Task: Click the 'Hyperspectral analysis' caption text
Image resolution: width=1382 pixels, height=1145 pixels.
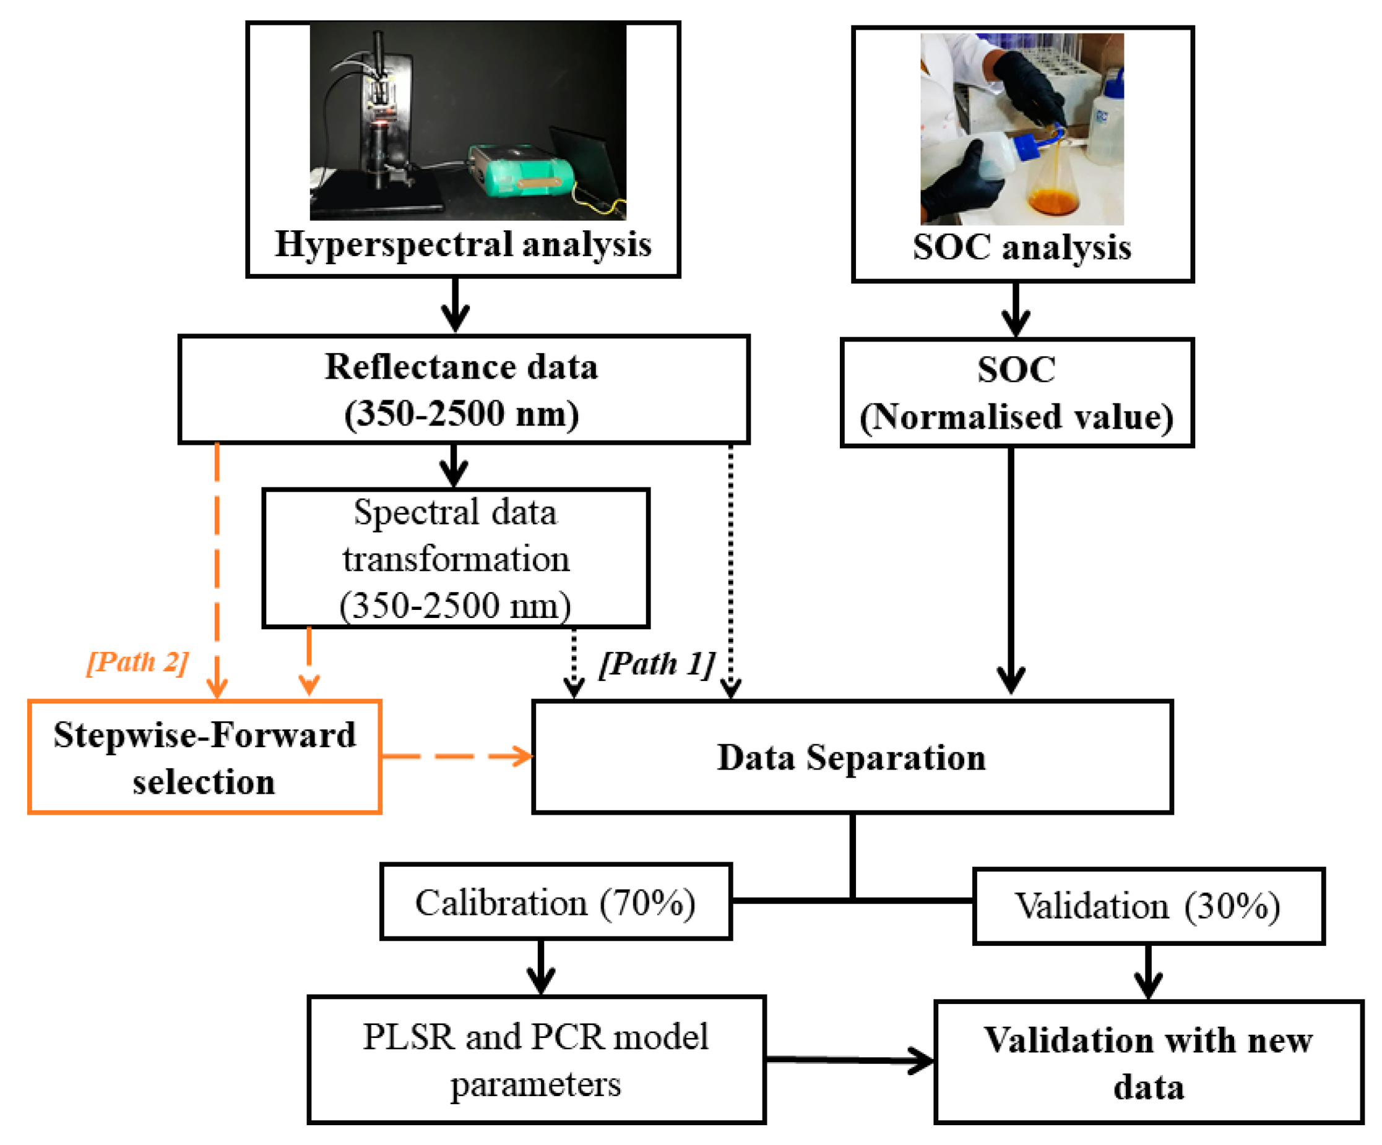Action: [x=463, y=245]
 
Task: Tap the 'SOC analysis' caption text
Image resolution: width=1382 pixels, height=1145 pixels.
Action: [x=1021, y=248]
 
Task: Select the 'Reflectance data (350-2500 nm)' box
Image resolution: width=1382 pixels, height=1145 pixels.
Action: [x=464, y=389]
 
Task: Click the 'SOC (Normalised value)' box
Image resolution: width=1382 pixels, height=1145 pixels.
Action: [x=1016, y=393]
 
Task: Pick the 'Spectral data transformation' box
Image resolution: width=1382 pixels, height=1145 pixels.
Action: [x=456, y=559]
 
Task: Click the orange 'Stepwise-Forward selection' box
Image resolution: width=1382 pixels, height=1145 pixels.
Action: [x=205, y=757]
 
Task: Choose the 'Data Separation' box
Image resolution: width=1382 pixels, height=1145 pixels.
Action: [x=852, y=757]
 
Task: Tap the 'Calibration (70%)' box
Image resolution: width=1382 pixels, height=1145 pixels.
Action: [x=555, y=902]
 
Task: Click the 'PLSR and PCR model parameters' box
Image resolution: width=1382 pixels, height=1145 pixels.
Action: [x=536, y=1060]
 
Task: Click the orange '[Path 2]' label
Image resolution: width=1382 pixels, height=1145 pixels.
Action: [x=137, y=662]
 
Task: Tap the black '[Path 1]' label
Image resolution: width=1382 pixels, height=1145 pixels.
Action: [x=656, y=664]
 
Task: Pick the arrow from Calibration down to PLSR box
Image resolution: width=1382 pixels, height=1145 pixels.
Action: [x=541, y=966]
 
